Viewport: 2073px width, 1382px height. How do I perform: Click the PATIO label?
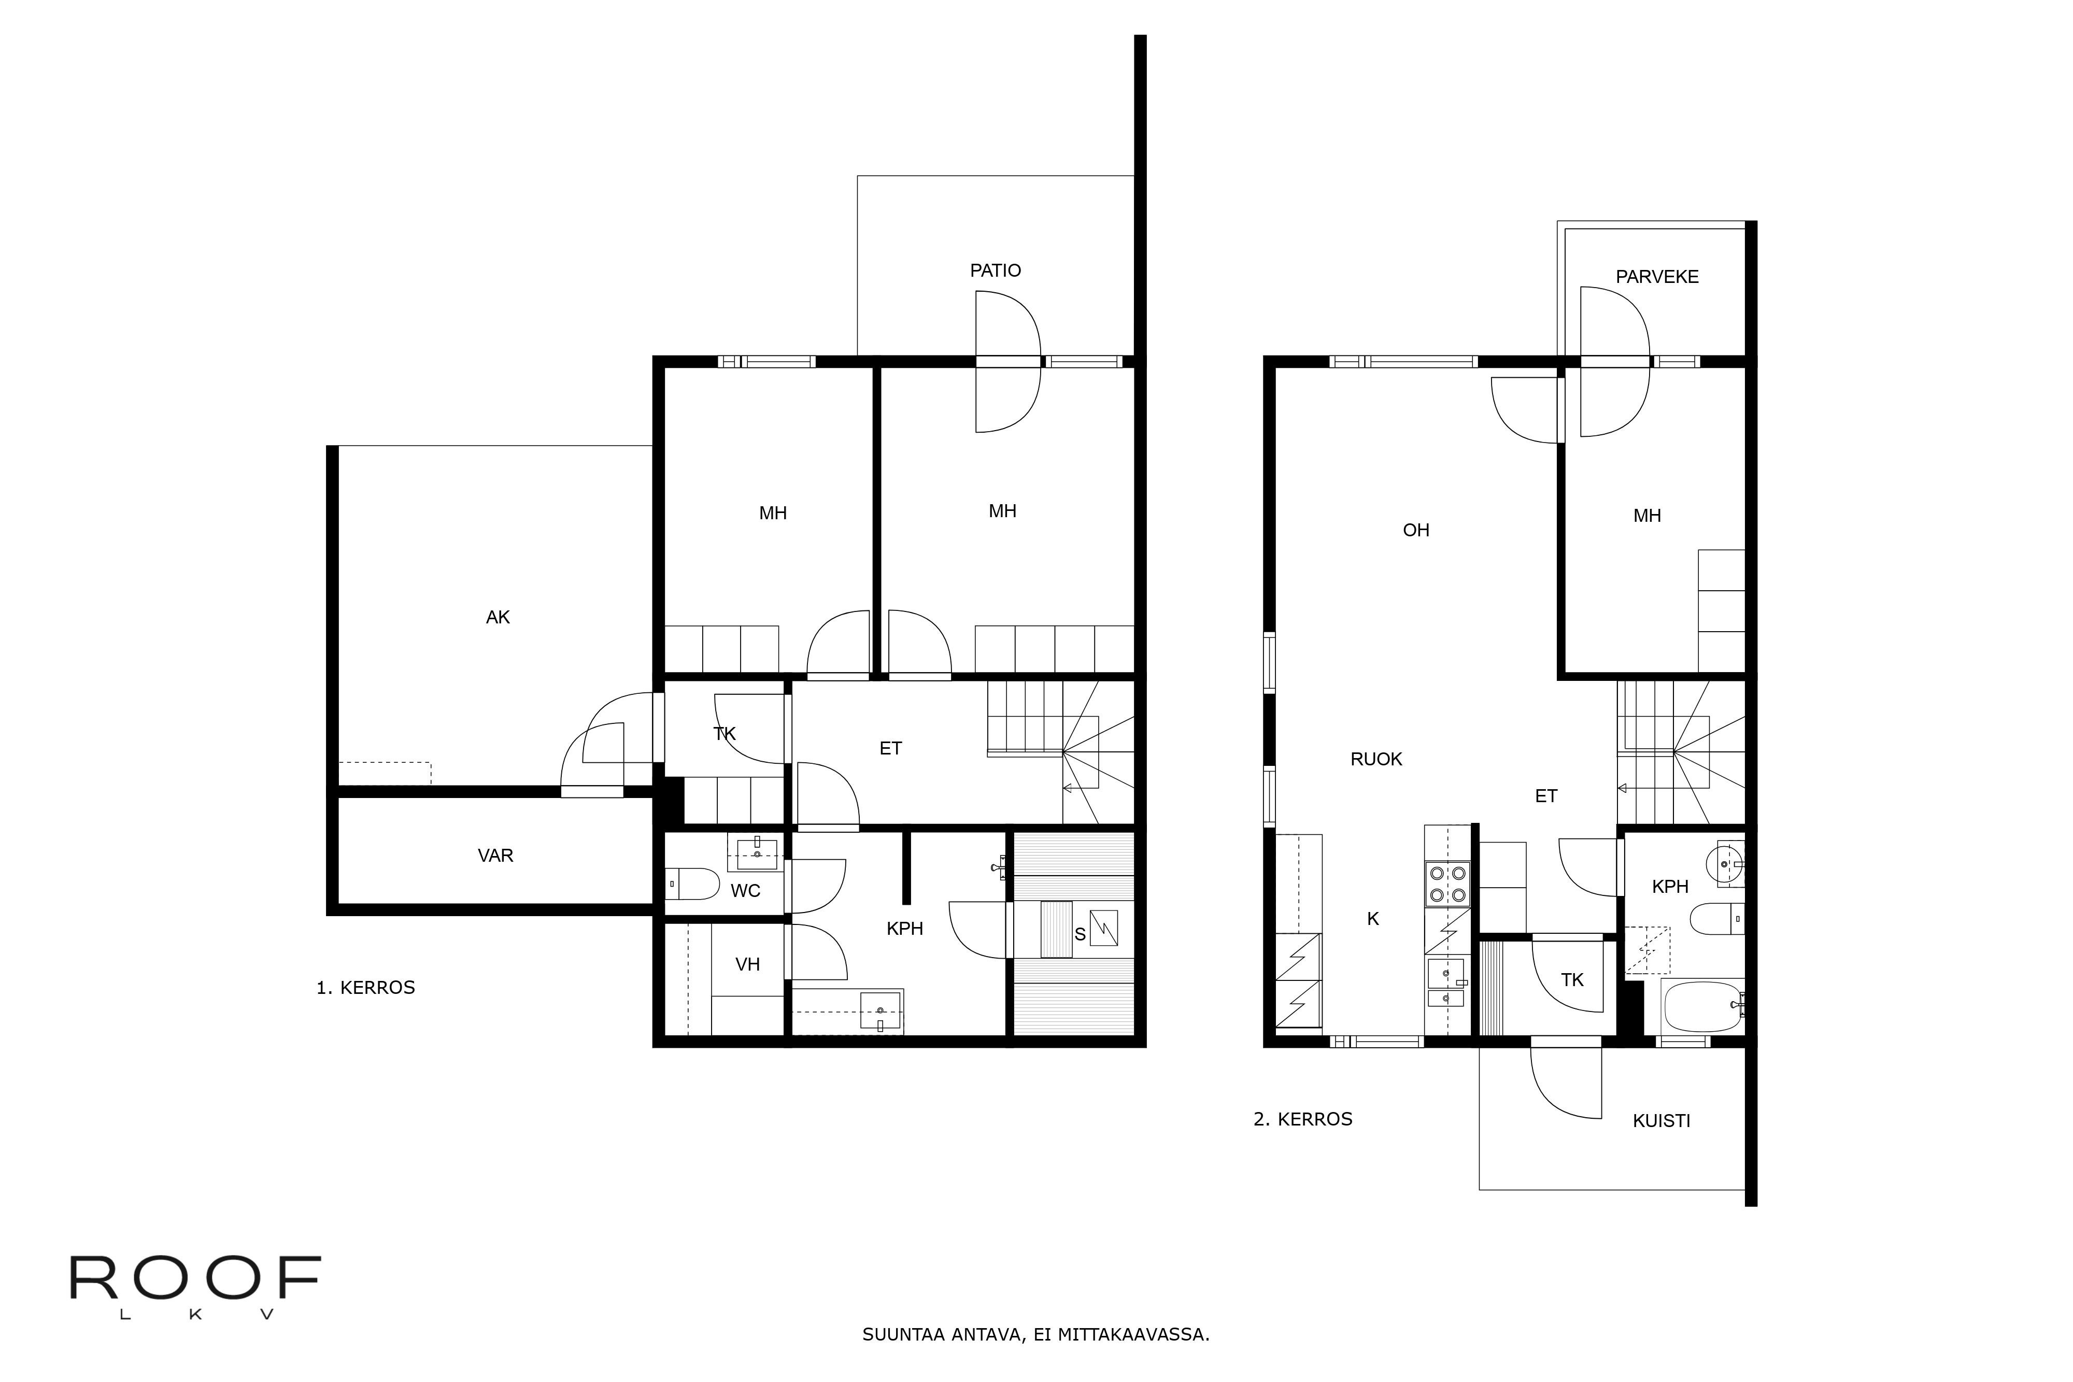pos(995,270)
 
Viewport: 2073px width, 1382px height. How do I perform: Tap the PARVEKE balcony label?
pos(1656,277)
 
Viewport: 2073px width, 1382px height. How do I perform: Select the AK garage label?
pos(498,618)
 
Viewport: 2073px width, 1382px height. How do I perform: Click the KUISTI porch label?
pos(1660,1121)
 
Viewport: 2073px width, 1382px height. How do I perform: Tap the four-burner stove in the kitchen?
pos(1447,884)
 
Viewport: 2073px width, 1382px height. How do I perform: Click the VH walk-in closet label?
pos(747,964)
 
